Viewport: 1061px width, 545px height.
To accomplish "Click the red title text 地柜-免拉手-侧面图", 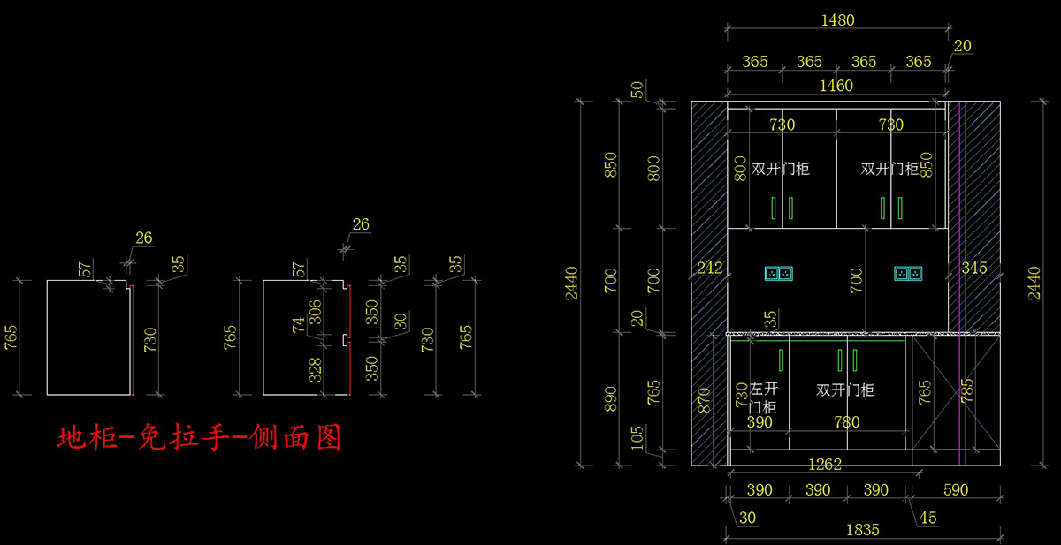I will pyautogui.click(x=199, y=438).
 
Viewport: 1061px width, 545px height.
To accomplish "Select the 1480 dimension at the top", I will pyautogui.click(x=837, y=20).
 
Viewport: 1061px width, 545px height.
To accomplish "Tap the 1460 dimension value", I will pyautogui.click(x=836, y=86).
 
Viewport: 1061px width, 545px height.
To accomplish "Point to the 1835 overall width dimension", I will pyautogui.click(x=862, y=530).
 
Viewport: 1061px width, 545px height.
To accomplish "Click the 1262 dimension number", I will pyautogui.click(x=825, y=464).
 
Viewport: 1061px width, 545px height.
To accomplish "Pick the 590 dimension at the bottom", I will pyautogui.click(x=956, y=489).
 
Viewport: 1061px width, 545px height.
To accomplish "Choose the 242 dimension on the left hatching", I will pyautogui.click(x=710, y=268).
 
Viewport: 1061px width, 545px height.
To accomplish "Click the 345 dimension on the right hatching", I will pyautogui.click(x=973, y=268).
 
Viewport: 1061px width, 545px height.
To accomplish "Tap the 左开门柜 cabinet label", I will pyautogui.click(x=763, y=397).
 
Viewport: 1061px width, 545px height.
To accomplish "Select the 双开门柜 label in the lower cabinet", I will pyautogui.click(x=845, y=390).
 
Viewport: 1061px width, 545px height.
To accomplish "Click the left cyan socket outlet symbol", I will pyautogui.click(x=778, y=274).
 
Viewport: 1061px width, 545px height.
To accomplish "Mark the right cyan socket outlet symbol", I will pyautogui.click(x=907, y=274).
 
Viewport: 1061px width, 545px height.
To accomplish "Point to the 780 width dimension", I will pyautogui.click(x=847, y=422).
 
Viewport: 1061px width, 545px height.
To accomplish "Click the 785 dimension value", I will pyautogui.click(x=966, y=389).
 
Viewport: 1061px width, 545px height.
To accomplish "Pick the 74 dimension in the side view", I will pyautogui.click(x=298, y=325).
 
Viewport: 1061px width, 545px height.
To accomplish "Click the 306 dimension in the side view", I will pyautogui.click(x=315, y=310).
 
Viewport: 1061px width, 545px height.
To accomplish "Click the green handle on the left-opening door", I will pyautogui.click(x=782, y=360).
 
